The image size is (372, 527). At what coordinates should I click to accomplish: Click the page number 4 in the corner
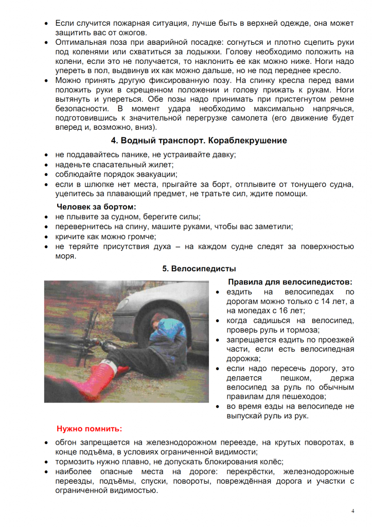(353, 511)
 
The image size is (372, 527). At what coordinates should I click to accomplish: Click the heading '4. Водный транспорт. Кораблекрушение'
(199, 140)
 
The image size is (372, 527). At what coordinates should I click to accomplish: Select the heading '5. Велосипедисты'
(199, 269)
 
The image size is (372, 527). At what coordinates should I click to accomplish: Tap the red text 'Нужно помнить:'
(90, 428)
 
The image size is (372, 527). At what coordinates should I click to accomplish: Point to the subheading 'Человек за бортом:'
(96, 206)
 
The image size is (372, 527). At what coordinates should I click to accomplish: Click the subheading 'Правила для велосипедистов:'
(290, 282)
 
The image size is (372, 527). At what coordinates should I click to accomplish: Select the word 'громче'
(140, 236)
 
